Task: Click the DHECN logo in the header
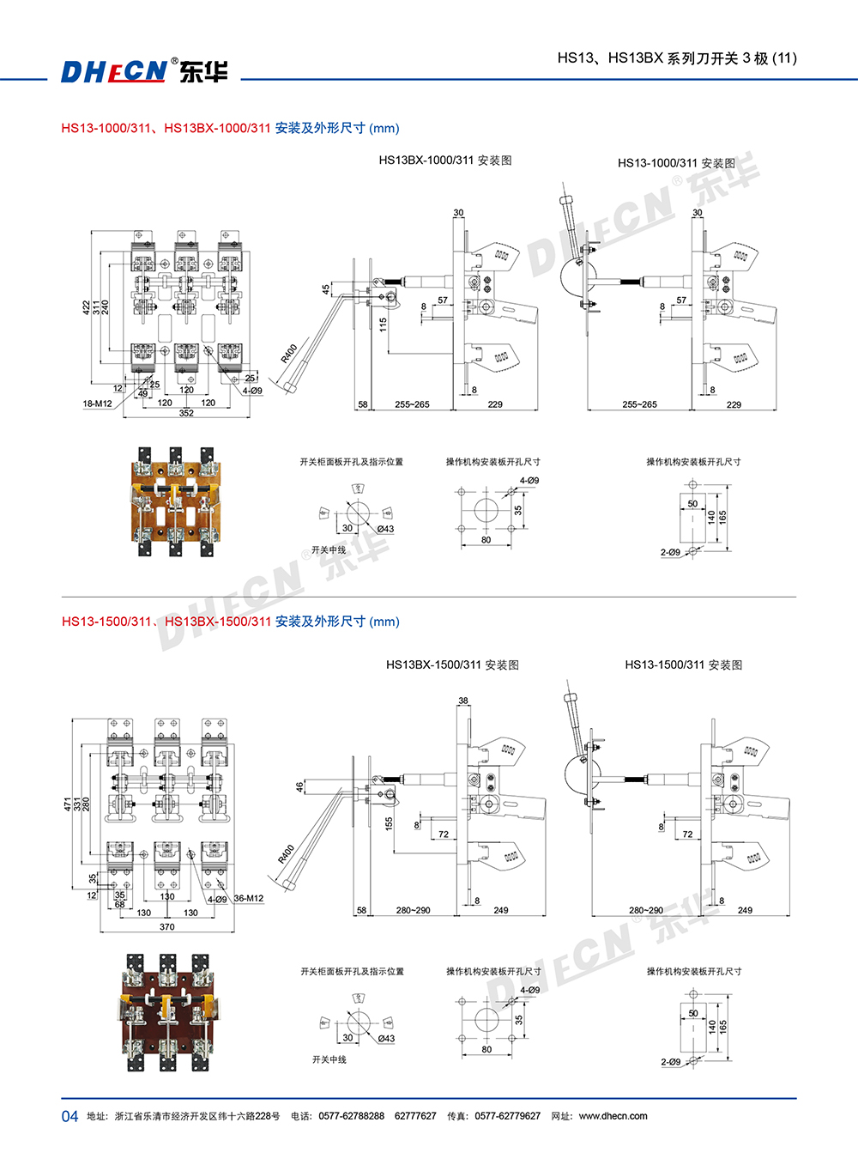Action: click(x=143, y=70)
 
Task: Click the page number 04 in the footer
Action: click(x=69, y=1116)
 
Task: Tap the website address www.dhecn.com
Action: click(x=613, y=1116)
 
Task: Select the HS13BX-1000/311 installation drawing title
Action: click(x=444, y=161)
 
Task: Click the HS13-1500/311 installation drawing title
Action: click(x=683, y=664)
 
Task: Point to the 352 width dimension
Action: click(x=186, y=413)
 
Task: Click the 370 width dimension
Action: click(x=166, y=927)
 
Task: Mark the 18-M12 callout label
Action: click(x=97, y=404)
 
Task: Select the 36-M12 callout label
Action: click(x=248, y=899)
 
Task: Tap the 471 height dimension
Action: click(x=68, y=804)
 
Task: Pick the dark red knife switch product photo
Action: click(x=168, y=1012)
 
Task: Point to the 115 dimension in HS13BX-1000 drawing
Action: click(x=384, y=325)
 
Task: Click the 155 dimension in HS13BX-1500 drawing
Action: click(x=389, y=822)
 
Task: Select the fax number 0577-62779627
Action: click(x=507, y=1116)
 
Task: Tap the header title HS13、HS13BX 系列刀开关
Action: click(x=676, y=58)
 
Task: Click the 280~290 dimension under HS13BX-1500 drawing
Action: click(x=413, y=910)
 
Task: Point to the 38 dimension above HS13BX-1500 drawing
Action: click(x=463, y=701)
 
